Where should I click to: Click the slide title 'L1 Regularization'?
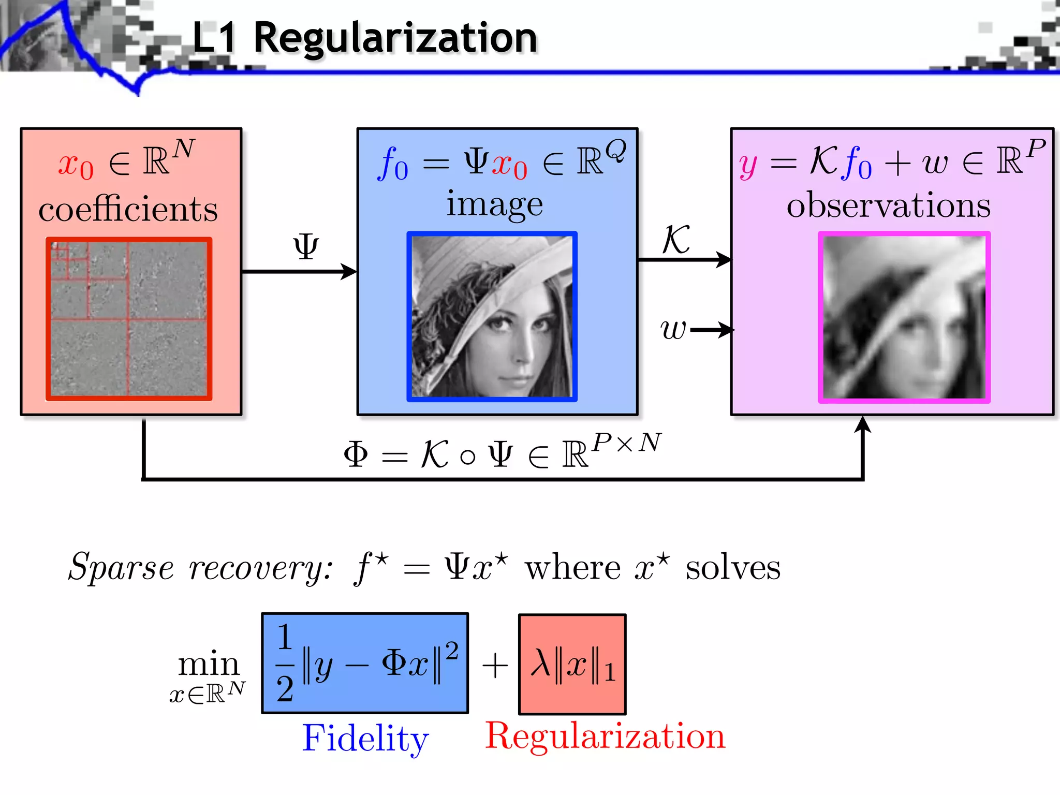(365, 38)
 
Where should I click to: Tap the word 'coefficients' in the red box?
(128, 209)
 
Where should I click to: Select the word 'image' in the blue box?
(495, 204)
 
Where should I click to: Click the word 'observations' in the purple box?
(889, 205)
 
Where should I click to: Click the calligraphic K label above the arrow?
(676, 240)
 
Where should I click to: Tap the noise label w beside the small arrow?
(673, 329)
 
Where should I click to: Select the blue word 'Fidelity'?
(365, 738)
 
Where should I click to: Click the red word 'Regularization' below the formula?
(605, 735)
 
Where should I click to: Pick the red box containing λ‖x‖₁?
(572, 664)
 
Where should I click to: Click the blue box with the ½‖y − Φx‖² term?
(365, 663)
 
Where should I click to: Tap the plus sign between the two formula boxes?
(494, 665)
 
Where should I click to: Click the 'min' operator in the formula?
(209, 664)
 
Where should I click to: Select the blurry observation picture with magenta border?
(904, 317)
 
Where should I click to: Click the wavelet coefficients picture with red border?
(129, 319)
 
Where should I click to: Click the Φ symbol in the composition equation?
(356, 454)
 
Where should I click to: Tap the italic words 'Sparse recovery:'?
(201, 568)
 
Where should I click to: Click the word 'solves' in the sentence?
(733, 568)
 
